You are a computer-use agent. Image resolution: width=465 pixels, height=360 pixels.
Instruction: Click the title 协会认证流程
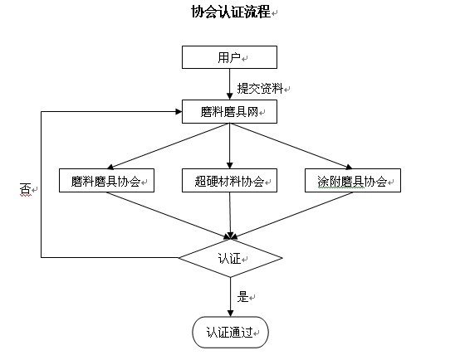(231, 12)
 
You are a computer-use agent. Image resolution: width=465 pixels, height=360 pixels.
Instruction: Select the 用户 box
(229, 57)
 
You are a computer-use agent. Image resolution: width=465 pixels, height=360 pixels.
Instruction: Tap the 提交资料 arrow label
(260, 88)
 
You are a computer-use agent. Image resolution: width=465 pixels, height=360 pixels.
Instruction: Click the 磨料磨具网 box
(229, 111)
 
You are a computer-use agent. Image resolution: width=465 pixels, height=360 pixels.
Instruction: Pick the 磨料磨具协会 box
(106, 181)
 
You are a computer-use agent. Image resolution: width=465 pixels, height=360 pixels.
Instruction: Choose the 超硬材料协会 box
(229, 181)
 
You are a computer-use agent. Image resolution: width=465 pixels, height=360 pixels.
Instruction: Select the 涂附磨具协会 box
(353, 181)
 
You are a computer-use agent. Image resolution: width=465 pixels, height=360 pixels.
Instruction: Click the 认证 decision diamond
(231, 258)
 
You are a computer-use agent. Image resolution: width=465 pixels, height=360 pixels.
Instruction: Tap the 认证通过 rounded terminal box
(231, 332)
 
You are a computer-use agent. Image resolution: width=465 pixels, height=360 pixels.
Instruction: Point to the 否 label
(26, 189)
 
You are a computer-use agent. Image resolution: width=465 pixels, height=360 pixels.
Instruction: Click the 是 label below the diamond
(242, 296)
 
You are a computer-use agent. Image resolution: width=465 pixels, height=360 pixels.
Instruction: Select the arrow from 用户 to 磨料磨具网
(229, 84)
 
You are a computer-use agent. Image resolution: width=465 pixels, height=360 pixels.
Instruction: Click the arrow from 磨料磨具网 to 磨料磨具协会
(169, 146)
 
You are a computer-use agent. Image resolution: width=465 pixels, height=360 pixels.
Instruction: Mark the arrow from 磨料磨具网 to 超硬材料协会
(229, 146)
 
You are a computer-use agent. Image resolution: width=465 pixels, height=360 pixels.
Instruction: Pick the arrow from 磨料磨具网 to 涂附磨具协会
(291, 146)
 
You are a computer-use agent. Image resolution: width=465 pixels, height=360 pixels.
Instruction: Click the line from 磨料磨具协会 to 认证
(169, 216)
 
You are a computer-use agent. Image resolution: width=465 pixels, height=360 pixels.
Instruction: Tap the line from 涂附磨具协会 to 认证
(292, 216)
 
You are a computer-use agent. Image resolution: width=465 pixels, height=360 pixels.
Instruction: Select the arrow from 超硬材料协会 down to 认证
(230, 216)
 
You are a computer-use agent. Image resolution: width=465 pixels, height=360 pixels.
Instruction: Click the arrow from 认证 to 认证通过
(231, 297)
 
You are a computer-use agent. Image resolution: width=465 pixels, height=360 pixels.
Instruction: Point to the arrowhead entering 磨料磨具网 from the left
(179, 112)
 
